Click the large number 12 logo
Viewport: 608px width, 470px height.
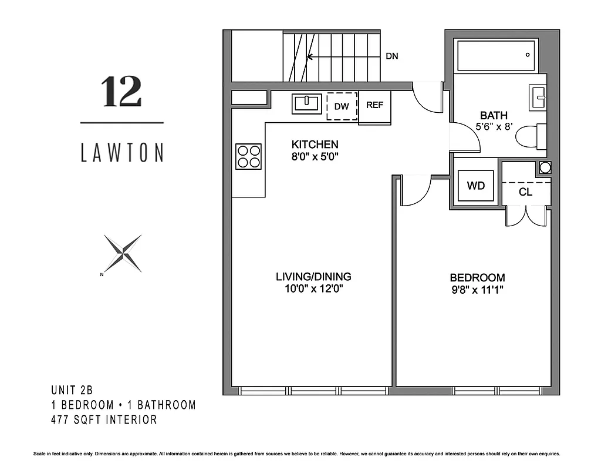(x=121, y=93)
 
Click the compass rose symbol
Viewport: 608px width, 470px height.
(x=123, y=253)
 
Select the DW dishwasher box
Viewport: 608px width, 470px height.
(x=342, y=106)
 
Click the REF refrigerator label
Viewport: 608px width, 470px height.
(x=374, y=105)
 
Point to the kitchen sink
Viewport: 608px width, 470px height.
(x=306, y=104)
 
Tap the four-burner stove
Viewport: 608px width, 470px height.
(x=248, y=156)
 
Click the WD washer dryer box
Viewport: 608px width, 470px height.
(x=475, y=186)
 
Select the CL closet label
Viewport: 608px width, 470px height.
(x=526, y=192)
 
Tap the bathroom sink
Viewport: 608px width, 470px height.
(x=538, y=98)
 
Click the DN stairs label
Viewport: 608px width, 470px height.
(x=392, y=57)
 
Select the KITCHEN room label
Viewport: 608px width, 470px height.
(x=315, y=145)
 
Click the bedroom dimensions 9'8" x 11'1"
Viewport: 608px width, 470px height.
(x=477, y=289)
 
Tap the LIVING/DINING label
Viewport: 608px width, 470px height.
(x=313, y=277)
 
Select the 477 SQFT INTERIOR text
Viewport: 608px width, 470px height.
(x=104, y=419)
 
